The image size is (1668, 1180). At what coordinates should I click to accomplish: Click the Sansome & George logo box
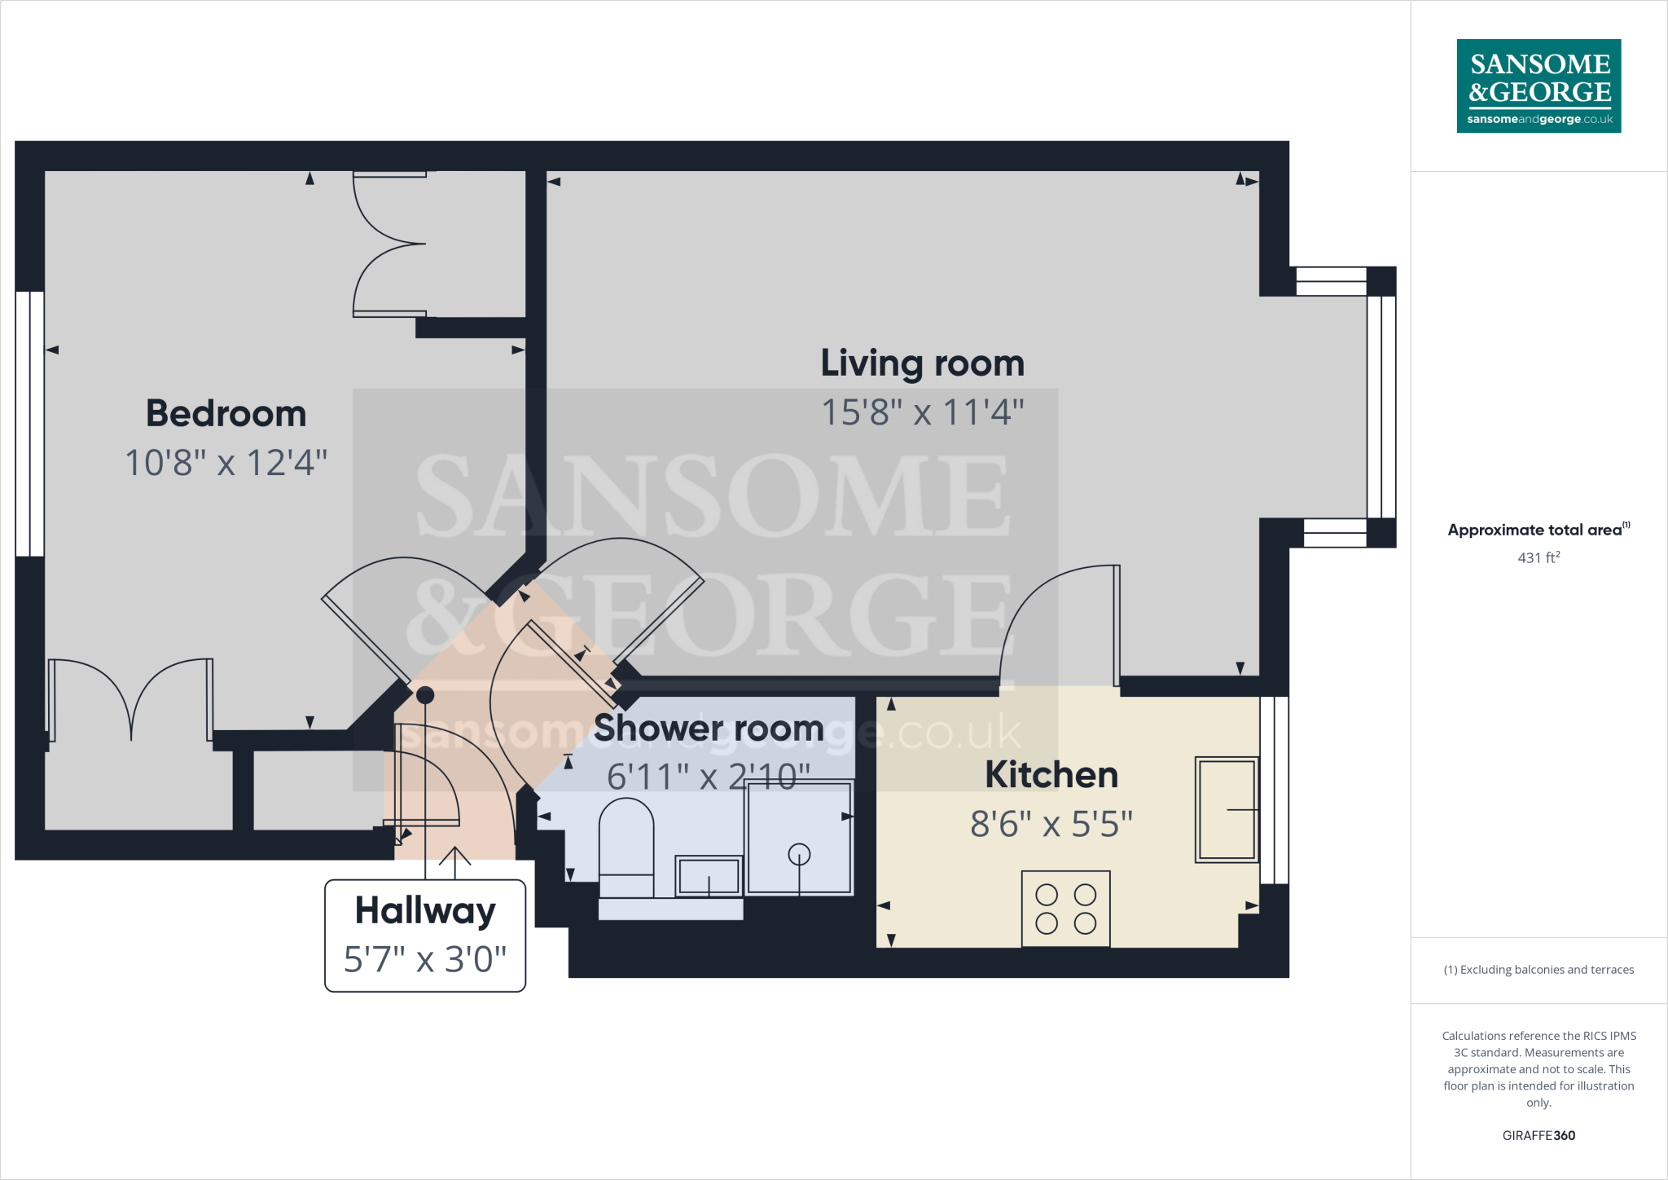pos(1539,86)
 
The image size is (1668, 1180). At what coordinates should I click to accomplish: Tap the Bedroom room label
pos(226,414)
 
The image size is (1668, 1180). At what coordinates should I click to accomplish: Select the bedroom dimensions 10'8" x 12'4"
pos(226,463)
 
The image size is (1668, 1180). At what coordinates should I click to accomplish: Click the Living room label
pos(922,363)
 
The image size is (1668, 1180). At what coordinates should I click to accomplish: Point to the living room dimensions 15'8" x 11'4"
pos(922,412)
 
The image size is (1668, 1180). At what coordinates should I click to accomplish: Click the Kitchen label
pos(1051,775)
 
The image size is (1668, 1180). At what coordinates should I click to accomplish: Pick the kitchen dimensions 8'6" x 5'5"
pos(1051,824)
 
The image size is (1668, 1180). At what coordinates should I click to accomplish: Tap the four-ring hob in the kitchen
pos(1065,909)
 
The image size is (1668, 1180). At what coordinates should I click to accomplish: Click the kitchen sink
pos(1226,809)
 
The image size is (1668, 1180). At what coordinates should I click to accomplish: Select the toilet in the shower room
pos(625,843)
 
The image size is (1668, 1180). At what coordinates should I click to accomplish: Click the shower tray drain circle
pos(799,853)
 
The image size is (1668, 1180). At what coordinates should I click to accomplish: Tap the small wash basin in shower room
pos(709,877)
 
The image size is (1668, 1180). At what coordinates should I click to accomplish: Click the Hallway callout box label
pos(425,910)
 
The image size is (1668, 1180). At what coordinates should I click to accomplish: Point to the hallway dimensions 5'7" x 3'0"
pos(425,959)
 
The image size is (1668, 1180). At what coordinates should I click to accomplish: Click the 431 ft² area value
pos(1539,557)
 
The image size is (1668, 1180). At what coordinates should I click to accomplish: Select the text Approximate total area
pos(1534,530)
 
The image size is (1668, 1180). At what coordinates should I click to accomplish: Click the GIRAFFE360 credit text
pos(1539,1135)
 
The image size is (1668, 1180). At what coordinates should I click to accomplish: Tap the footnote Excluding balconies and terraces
pos(1539,970)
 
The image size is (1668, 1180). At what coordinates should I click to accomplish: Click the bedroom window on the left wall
pos(30,424)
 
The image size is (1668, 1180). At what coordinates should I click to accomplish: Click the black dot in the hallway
pos(425,695)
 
